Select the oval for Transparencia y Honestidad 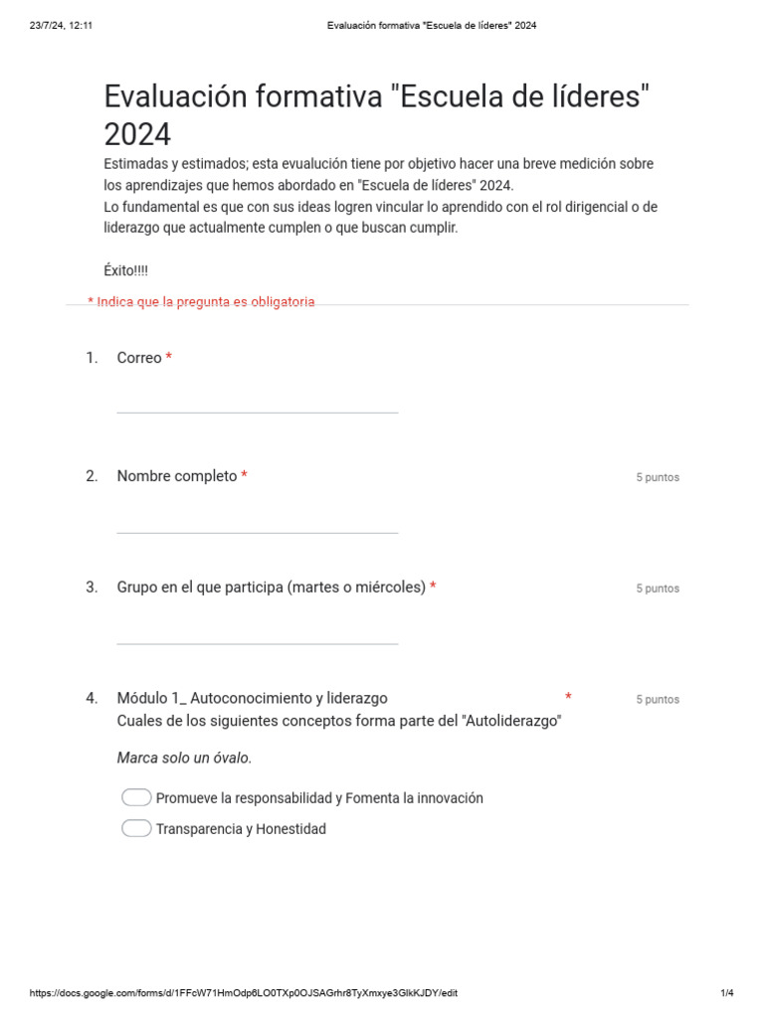point(136,829)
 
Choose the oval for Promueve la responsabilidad point(136,798)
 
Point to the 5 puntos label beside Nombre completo point(658,477)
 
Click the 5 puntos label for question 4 point(658,700)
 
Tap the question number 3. point(92,588)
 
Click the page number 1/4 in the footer point(726,993)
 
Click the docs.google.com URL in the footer point(244,993)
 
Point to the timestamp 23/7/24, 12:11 point(62,25)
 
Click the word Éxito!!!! point(126,270)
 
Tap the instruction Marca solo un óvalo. point(184,759)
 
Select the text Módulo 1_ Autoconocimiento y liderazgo point(252,698)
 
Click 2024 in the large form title point(137,134)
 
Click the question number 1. point(92,358)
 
